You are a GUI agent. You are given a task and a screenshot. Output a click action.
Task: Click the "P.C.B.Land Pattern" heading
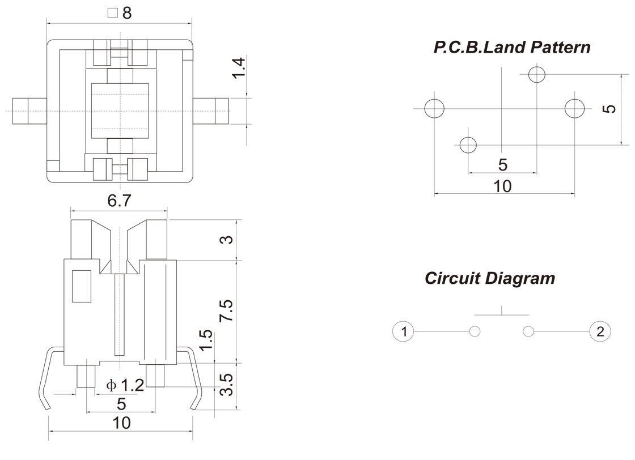[x=512, y=47]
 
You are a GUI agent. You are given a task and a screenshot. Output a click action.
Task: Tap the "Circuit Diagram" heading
[x=490, y=278]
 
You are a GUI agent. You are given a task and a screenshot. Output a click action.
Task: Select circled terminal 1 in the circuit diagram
[x=404, y=331]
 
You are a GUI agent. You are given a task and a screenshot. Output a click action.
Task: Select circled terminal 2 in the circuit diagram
[x=600, y=331]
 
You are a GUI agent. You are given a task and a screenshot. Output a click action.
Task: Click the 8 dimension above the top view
[x=126, y=13]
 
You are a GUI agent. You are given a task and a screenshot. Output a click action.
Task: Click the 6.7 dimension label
[x=120, y=201]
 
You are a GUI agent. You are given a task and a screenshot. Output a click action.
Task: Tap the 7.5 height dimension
[x=226, y=311]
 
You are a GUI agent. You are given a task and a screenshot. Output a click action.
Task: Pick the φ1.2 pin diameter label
[x=125, y=386]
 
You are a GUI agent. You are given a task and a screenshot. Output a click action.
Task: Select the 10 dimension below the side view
[x=121, y=423]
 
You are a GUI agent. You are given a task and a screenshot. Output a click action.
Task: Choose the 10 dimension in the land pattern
[x=502, y=186]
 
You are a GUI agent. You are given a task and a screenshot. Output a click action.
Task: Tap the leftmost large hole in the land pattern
[x=434, y=108]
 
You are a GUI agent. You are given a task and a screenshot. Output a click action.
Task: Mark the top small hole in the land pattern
[x=536, y=74]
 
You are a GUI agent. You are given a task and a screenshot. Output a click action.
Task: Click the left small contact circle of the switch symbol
[x=475, y=331]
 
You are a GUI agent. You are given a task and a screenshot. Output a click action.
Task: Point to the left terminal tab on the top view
[x=28, y=110]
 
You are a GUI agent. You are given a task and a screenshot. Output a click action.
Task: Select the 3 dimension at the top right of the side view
[x=226, y=240]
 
